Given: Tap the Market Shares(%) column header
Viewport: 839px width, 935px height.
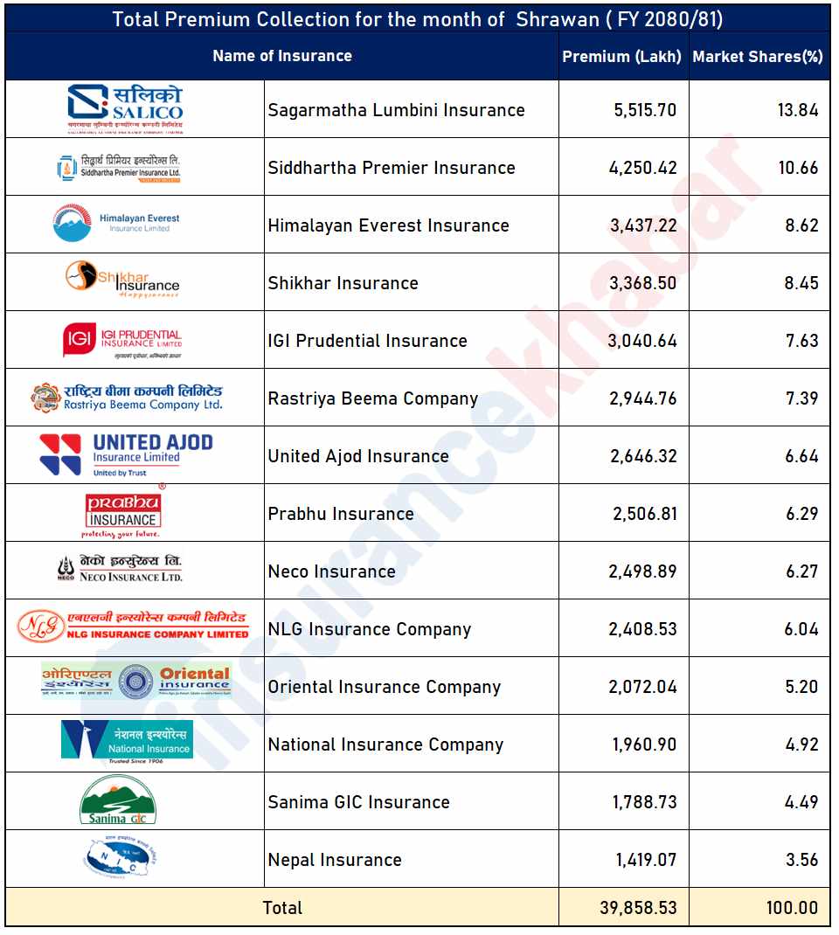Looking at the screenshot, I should (x=758, y=57).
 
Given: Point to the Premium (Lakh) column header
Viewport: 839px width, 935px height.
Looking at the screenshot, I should (x=621, y=57).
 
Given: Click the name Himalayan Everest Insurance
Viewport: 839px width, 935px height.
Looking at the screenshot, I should (x=388, y=225).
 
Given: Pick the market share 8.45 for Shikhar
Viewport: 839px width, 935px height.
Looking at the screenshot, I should (x=801, y=283).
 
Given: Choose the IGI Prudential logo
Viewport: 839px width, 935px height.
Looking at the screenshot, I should (x=122, y=340).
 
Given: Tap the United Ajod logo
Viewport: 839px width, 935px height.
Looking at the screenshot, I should (x=126, y=454).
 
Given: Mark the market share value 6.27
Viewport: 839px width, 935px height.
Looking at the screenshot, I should (x=801, y=571).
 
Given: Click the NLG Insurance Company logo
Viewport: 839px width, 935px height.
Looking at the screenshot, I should (x=133, y=627).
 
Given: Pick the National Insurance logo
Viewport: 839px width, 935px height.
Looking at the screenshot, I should (x=127, y=741).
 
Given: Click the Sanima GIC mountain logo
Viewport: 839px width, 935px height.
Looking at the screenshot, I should (x=117, y=800).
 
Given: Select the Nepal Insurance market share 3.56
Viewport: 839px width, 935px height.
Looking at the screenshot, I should (x=801, y=860).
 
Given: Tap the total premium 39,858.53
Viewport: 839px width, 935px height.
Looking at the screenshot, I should (x=638, y=908).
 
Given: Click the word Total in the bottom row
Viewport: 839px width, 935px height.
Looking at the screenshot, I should (x=282, y=908).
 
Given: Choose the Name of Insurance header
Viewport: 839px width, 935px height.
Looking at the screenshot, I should (x=282, y=56).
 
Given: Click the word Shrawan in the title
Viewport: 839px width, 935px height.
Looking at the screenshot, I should (x=557, y=19).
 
